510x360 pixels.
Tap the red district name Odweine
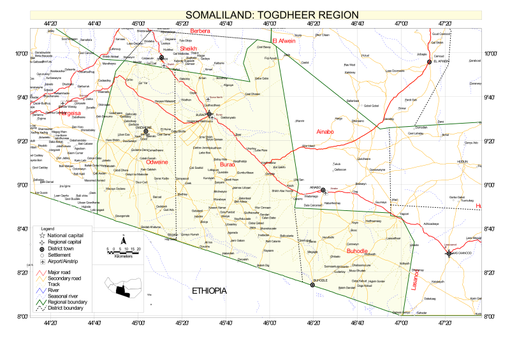tap(157, 162)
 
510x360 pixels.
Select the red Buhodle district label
tap(357, 250)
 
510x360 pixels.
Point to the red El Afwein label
tap(284, 41)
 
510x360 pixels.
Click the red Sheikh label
tap(189, 48)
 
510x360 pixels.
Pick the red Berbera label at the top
tap(200, 31)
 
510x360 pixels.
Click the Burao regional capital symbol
tap(209, 114)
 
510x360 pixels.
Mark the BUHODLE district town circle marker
tap(312, 285)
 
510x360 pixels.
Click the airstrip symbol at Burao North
tap(208, 99)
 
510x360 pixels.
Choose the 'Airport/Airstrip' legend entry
tap(64, 262)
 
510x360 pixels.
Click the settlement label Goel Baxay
tap(263, 47)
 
